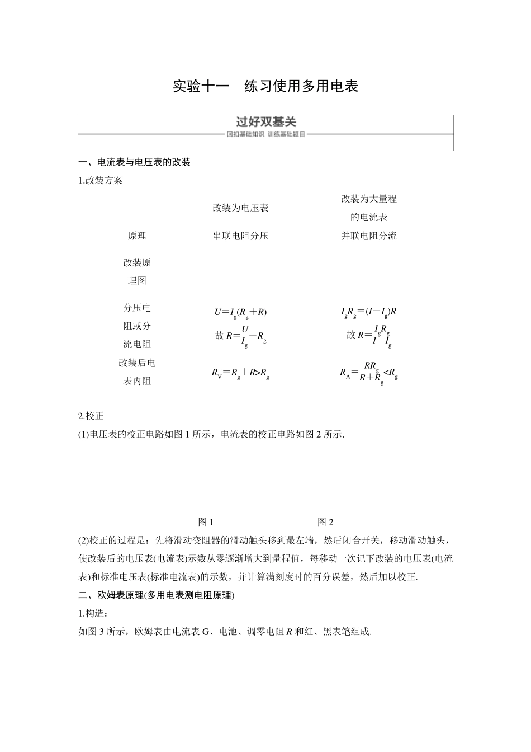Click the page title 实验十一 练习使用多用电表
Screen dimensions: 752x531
coord(265,86)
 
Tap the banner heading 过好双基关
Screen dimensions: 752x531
coord(265,122)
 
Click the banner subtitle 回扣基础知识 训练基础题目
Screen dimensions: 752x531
coord(265,135)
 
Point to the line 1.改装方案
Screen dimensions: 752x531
coord(101,180)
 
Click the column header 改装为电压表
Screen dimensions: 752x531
coord(240,208)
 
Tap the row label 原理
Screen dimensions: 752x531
coord(137,236)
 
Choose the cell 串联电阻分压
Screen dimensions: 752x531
coord(240,236)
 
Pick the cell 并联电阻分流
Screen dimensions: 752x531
coord(369,236)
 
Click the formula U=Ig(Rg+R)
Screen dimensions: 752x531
coord(240,312)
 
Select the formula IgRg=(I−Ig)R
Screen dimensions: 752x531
coord(369,312)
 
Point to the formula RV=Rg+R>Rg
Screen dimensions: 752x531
coord(240,372)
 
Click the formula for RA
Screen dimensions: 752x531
coord(369,372)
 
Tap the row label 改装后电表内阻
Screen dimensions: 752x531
coord(137,372)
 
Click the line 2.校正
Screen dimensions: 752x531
coord(91,416)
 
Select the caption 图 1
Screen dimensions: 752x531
coord(206,522)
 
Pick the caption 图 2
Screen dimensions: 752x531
coord(325,522)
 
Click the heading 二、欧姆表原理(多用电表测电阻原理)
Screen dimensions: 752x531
coord(157,595)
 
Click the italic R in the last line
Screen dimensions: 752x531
coord(289,632)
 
